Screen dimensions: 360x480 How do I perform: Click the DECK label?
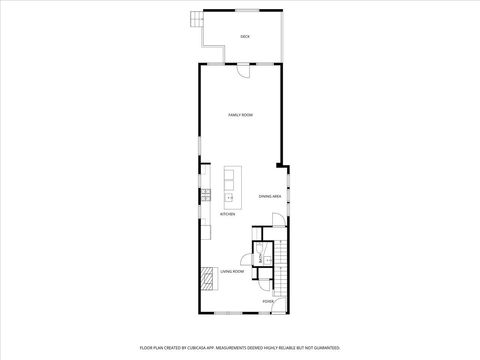245,37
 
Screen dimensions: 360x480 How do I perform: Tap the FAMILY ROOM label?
240,115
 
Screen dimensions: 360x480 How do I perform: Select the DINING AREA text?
270,196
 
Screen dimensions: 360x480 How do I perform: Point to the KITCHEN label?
228,214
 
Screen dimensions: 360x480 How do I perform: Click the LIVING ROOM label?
234,271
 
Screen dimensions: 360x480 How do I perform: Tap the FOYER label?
267,301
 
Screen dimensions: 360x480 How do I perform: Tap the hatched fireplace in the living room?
207,277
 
